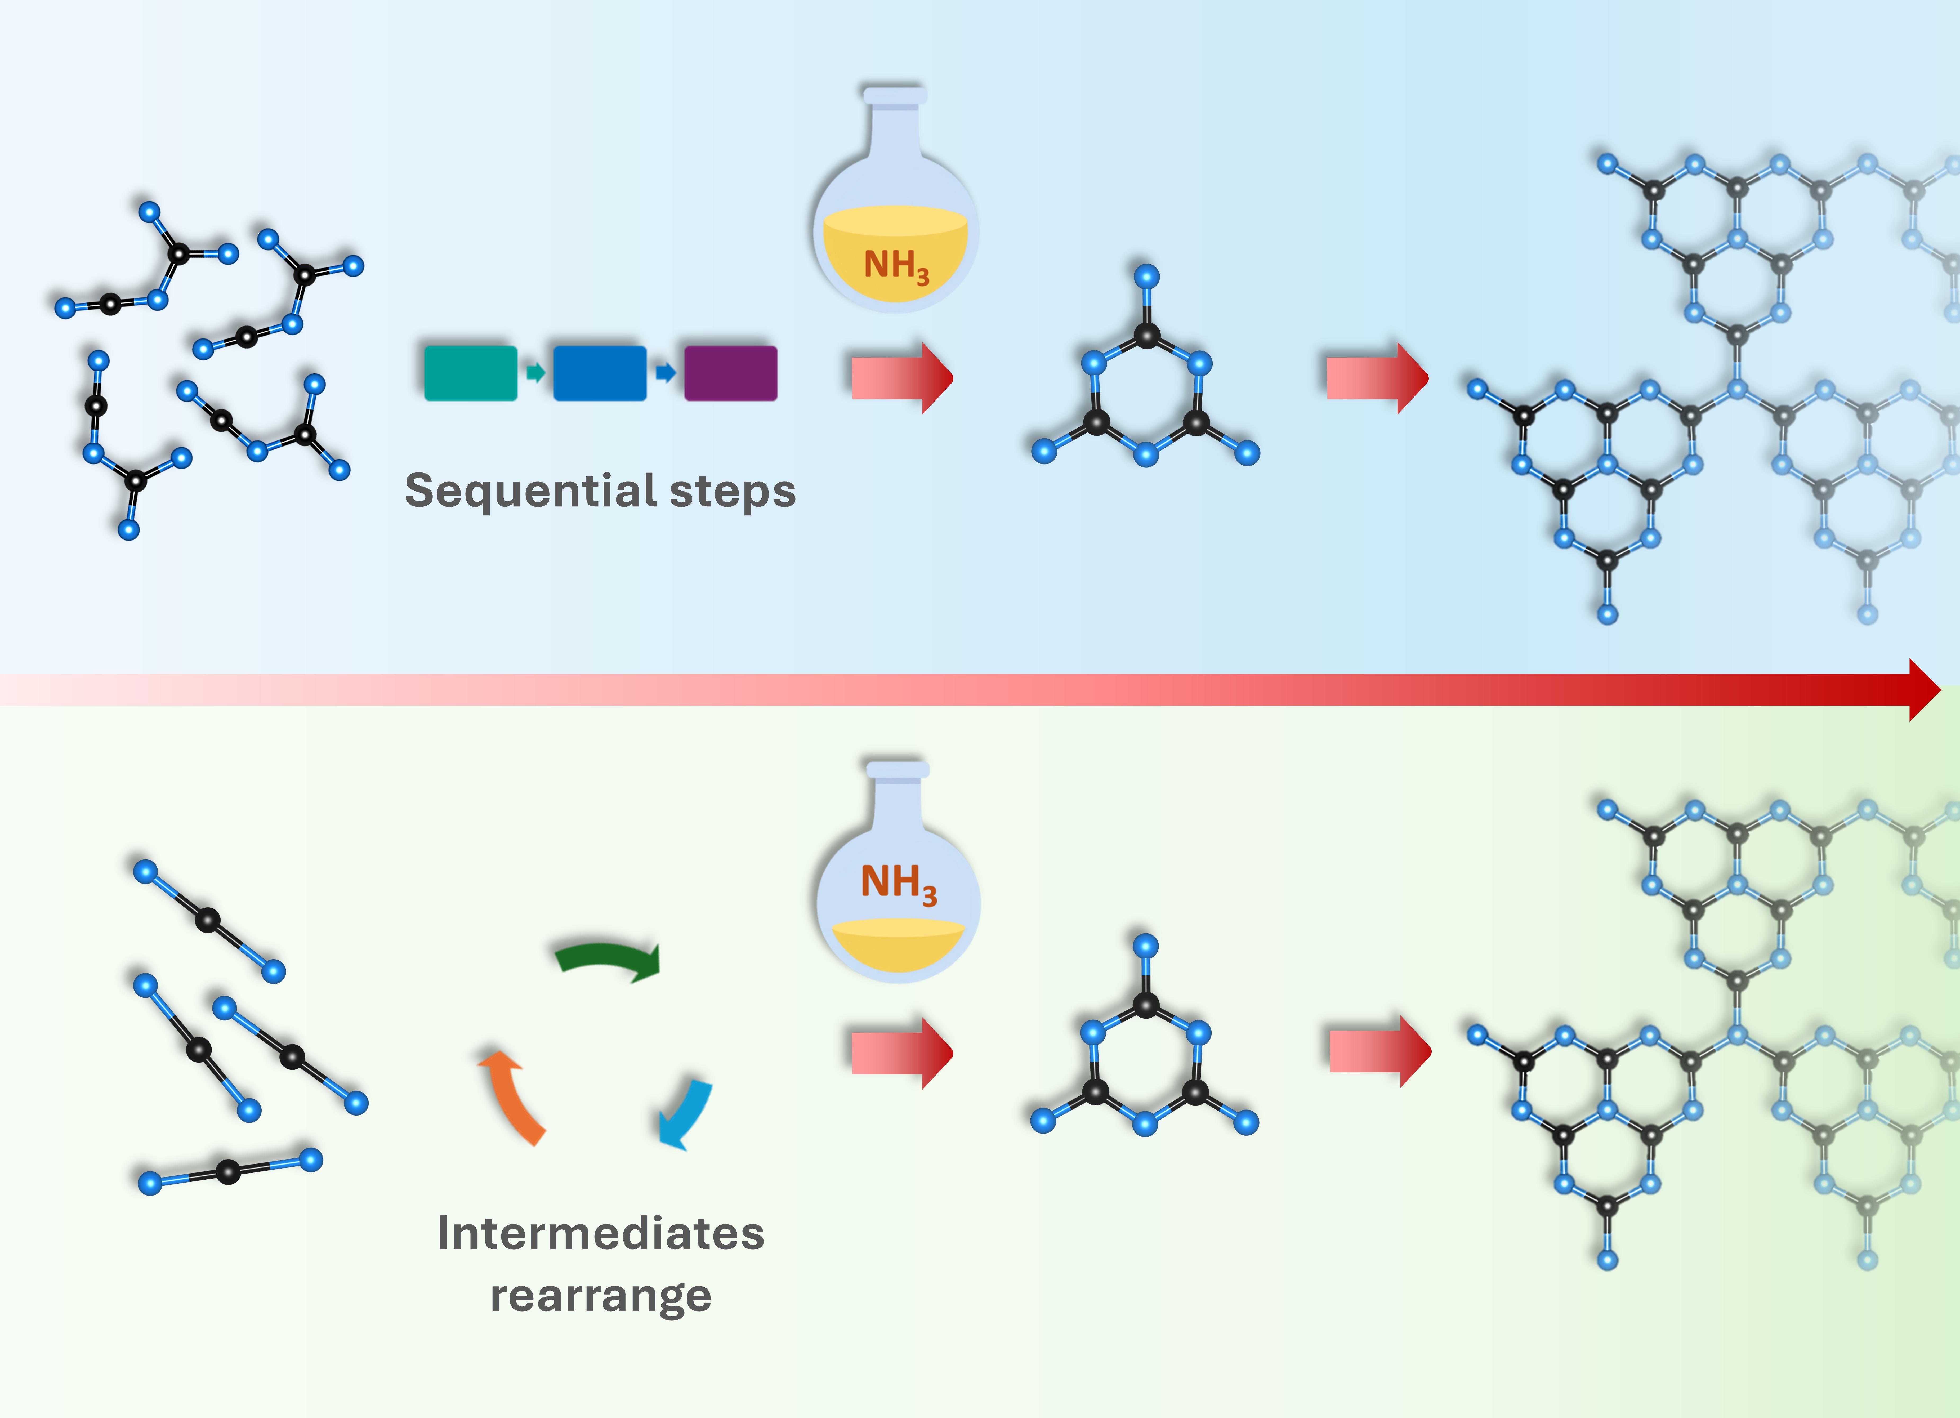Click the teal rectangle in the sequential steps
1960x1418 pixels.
tap(470, 373)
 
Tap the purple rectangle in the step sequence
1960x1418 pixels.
tap(730, 373)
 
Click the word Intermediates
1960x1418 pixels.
tap(601, 1233)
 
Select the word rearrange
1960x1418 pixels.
tap(601, 1295)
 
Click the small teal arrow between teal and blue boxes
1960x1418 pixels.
tap(536, 372)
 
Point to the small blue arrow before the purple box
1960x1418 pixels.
tap(664, 372)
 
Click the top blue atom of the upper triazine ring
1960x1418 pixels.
tap(1146, 277)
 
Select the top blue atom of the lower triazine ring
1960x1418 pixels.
tap(1145, 945)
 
